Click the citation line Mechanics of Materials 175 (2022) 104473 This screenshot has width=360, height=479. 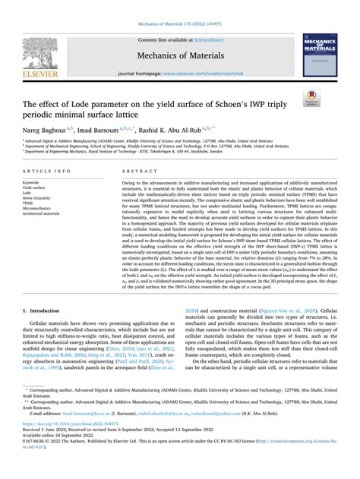click(x=179, y=7)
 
